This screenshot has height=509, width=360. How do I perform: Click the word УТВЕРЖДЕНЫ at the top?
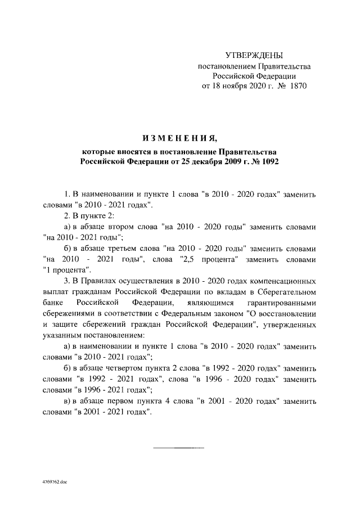pos(254,55)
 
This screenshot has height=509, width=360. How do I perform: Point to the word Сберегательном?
pos(287,291)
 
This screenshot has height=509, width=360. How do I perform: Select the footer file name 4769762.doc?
pos(55,483)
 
